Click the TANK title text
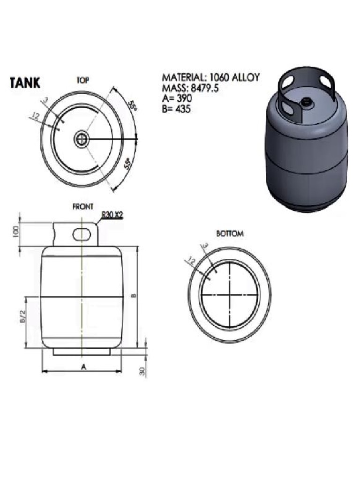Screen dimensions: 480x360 pyautogui.click(x=25, y=83)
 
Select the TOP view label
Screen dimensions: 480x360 pyautogui.click(x=83, y=80)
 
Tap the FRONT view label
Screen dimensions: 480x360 pyautogui.click(x=82, y=206)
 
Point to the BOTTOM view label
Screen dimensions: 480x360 pyautogui.click(x=230, y=233)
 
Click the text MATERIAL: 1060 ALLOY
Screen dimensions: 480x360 pyautogui.click(x=210, y=78)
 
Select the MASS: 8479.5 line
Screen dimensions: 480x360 pyautogui.click(x=190, y=89)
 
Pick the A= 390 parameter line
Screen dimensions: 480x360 pyautogui.click(x=177, y=99)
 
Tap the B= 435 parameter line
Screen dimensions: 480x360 pyautogui.click(x=177, y=109)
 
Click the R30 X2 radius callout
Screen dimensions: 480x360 pyautogui.click(x=112, y=215)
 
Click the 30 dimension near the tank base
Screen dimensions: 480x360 pyautogui.click(x=142, y=371)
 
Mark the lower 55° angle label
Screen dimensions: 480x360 pyautogui.click(x=127, y=165)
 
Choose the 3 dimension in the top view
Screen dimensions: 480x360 pyautogui.click(x=45, y=100)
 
